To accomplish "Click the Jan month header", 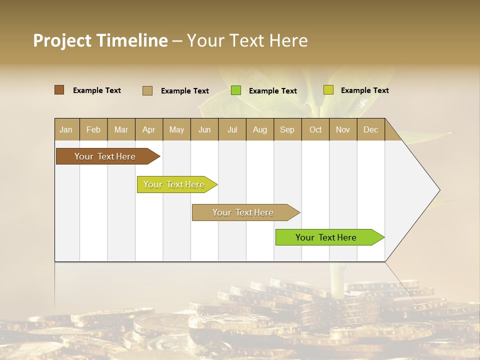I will (66, 129).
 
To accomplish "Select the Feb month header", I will (93, 129).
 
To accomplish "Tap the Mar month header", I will (121, 129).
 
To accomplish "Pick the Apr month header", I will (149, 129).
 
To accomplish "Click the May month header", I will (176, 129).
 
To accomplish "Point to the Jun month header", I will (204, 129).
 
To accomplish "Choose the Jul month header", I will (232, 129).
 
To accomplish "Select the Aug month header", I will (260, 129).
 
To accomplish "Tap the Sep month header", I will (287, 129).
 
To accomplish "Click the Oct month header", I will (315, 129).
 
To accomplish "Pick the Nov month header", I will (343, 129).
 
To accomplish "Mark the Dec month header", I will (371, 129).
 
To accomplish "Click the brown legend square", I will (59, 90).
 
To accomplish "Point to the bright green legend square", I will (236, 90).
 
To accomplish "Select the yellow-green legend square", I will (328, 90).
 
